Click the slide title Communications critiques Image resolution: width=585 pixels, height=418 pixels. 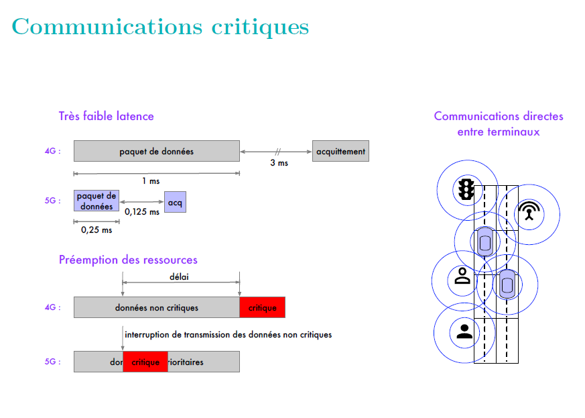coord(160,27)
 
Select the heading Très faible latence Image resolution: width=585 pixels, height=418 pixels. coord(106,116)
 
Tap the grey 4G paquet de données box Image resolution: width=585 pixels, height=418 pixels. coord(156,151)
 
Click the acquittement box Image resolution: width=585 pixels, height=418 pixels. coord(340,151)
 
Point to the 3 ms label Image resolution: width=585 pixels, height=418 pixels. coord(279,163)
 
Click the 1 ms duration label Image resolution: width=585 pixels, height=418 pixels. coord(151,181)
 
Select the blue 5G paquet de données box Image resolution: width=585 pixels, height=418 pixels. coord(96,201)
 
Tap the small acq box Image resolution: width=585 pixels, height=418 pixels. coord(175,201)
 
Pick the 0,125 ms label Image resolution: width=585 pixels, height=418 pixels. coord(142,212)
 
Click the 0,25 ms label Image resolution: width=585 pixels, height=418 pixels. coord(96,230)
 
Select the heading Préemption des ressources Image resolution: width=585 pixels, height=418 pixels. coord(128,260)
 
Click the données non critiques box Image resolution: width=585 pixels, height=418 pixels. coord(157,308)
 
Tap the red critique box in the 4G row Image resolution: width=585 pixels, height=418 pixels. coord(262,308)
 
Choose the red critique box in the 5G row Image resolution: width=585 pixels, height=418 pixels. coord(145,362)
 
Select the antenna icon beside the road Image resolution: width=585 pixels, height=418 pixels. coord(529,212)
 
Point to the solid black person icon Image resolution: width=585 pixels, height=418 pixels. coord(463,330)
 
